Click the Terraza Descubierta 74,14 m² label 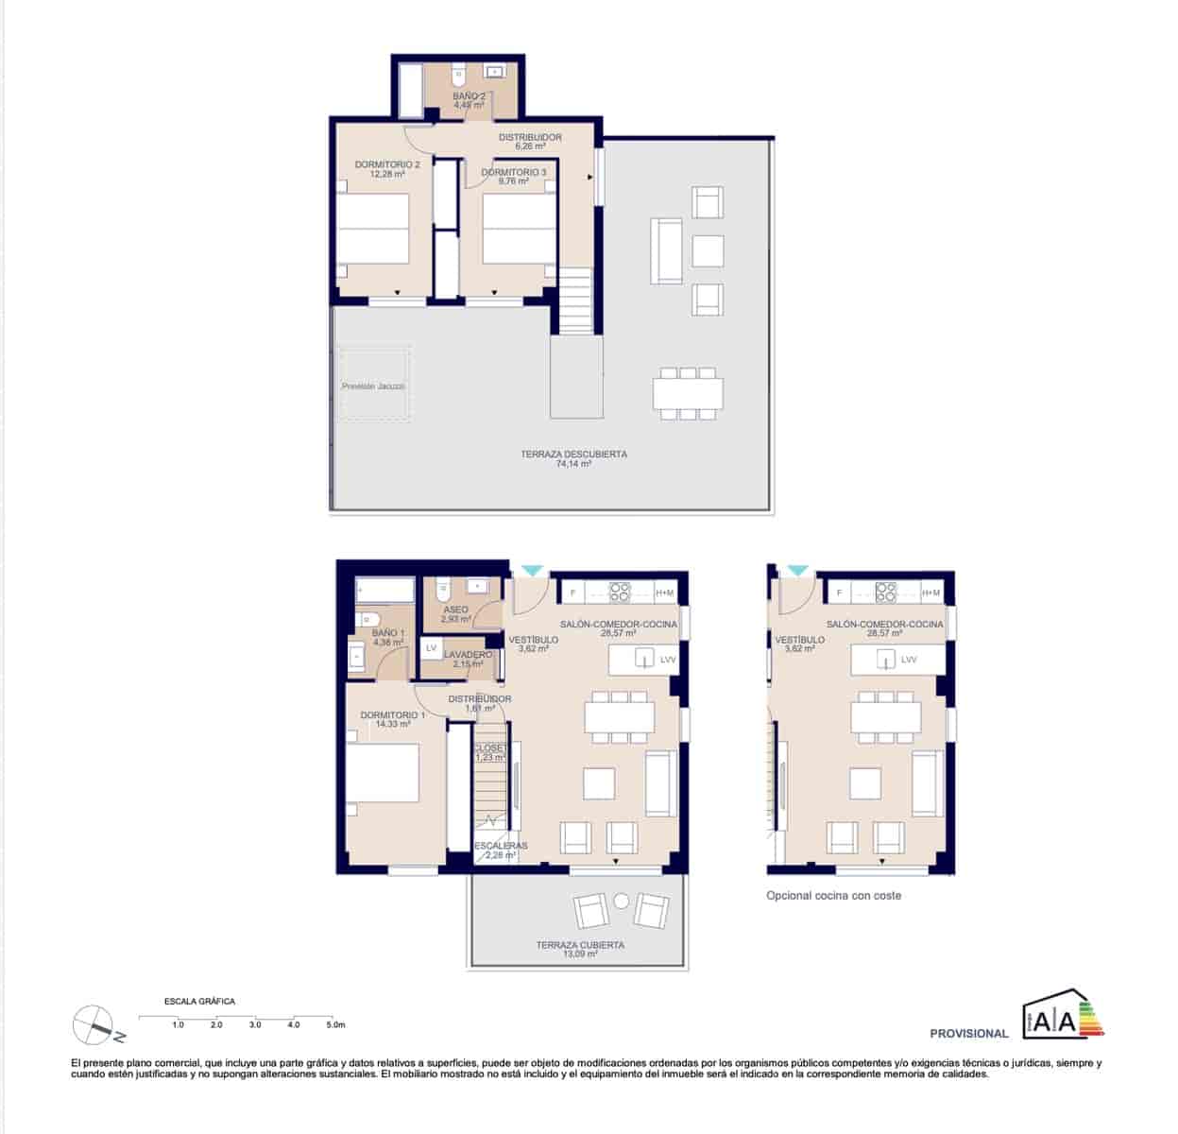pyautogui.click(x=573, y=458)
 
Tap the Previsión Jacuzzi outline pyautogui.click(x=374, y=386)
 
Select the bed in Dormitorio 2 pyautogui.click(x=373, y=230)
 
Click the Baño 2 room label pyautogui.click(x=469, y=100)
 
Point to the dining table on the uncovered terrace pyautogui.click(x=688, y=392)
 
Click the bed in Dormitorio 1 pyautogui.click(x=382, y=774)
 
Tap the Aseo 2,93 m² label pyautogui.click(x=455, y=614)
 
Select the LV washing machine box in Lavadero pyautogui.click(x=431, y=647)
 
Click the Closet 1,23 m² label pyautogui.click(x=490, y=752)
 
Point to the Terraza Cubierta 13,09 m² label pyautogui.click(x=580, y=949)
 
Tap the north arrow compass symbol pyautogui.click(x=93, y=1022)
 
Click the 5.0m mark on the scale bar pyautogui.click(x=335, y=1024)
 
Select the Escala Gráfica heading pyautogui.click(x=199, y=1001)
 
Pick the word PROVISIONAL pyautogui.click(x=968, y=1034)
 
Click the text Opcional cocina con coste pyautogui.click(x=833, y=895)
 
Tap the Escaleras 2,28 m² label pyautogui.click(x=500, y=850)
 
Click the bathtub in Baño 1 pyautogui.click(x=385, y=592)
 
